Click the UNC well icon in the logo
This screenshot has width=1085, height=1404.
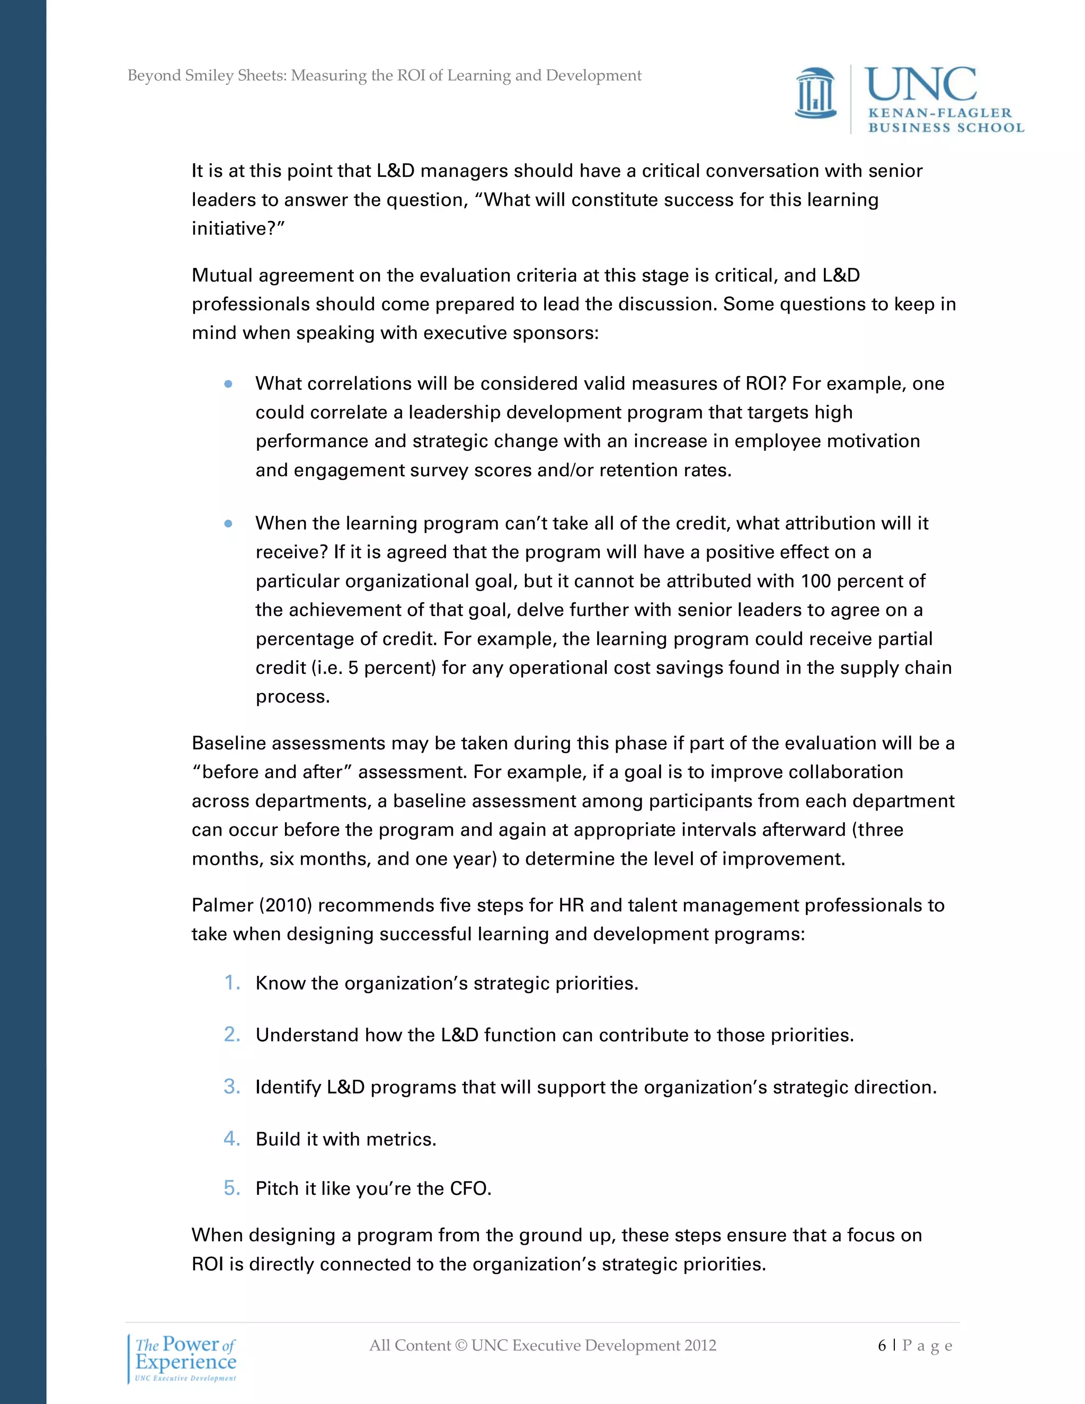[816, 94]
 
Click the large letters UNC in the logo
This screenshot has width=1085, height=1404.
[920, 85]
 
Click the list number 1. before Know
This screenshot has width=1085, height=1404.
[232, 983]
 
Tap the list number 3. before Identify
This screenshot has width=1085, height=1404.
[232, 1087]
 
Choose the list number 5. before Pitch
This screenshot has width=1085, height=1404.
[232, 1188]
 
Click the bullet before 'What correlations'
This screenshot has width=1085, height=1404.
[228, 385]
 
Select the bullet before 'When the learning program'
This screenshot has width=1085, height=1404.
[228, 524]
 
